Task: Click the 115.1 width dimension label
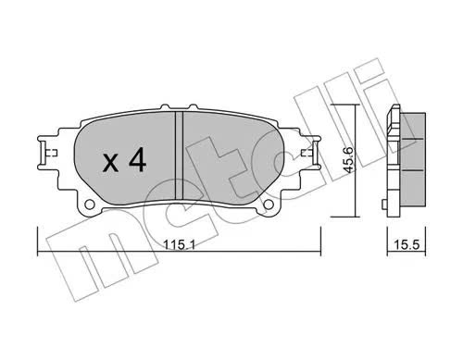coord(179,245)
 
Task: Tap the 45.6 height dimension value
coord(348,160)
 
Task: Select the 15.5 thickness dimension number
coord(407,245)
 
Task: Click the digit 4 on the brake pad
coord(137,160)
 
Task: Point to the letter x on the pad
coord(110,164)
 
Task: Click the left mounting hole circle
coord(90,205)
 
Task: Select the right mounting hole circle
coord(269,205)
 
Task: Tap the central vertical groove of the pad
coord(179,155)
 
